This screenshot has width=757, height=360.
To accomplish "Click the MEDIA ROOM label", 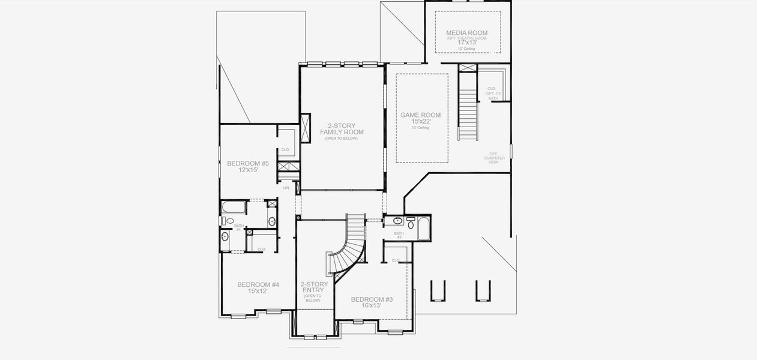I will click(x=466, y=33).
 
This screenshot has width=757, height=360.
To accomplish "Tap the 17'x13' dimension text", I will click(x=466, y=43).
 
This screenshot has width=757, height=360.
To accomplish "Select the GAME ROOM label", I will click(x=420, y=115).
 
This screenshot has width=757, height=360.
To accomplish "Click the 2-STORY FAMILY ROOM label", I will click(x=342, y=129).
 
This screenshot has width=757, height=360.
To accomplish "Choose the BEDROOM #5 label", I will click(x=247, y=163).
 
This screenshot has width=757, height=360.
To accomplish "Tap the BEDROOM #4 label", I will click(x=258, y=284).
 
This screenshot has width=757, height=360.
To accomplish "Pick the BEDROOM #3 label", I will click(x=372, y=299).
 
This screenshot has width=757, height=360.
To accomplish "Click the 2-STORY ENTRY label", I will click(x=314, y=287).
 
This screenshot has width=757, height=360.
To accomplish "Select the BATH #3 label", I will click(x=399, y=235).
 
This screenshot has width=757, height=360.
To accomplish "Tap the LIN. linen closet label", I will click(x=286, y=188).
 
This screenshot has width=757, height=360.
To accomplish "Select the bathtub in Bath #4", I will click(x=233, y=208).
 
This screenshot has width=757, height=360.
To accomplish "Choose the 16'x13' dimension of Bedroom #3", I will click(x=372, y=306).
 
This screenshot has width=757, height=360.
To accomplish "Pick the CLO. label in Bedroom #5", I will click(x=286, y=149).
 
